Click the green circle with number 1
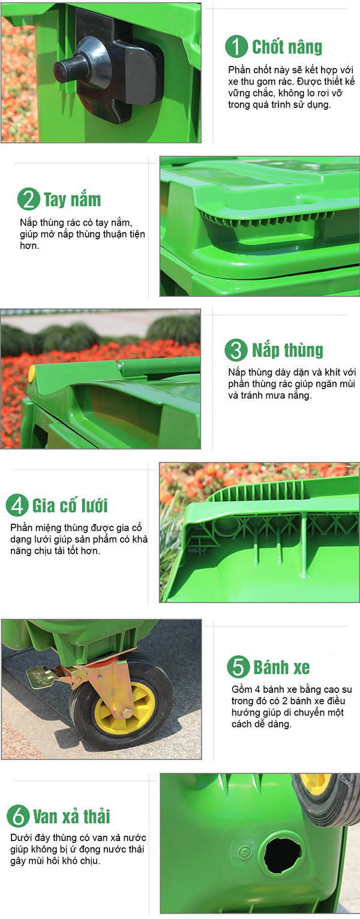(236, 47)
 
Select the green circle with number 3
(236, 350)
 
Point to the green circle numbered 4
(17, 505)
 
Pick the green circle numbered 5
(238, 666)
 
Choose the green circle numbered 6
(18, 816)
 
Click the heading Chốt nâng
(287, 47)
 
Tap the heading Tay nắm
(72, 200)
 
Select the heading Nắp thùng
(287, 350)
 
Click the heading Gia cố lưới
(70, 505)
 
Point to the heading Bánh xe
(281, 666)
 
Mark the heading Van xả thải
(71, 816)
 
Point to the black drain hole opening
(283, 855)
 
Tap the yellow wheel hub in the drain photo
(316, 783)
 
